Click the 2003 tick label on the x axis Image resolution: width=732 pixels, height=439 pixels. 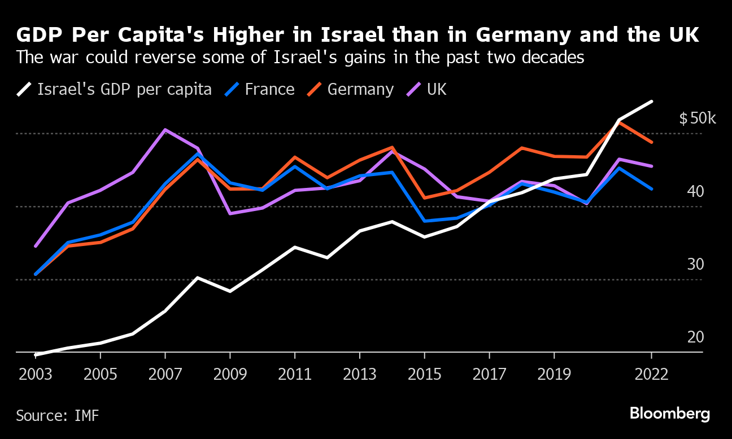pos(35,375)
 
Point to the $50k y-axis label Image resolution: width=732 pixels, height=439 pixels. pos(698,118)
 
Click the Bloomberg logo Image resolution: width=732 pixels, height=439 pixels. pos(670,414)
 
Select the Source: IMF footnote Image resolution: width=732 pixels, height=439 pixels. pos(58,416)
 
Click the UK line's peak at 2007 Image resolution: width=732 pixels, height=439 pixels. pos(164,130)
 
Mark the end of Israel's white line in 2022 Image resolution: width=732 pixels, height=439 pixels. pos(652,102)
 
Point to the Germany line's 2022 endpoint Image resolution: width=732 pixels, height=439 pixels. pos(652,142)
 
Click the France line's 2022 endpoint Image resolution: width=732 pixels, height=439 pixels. pos(652,189)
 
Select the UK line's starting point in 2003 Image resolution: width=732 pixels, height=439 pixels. pos(36,246)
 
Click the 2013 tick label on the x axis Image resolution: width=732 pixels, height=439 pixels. pos(360,375)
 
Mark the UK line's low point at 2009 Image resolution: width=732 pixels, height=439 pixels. pos(230,213)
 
